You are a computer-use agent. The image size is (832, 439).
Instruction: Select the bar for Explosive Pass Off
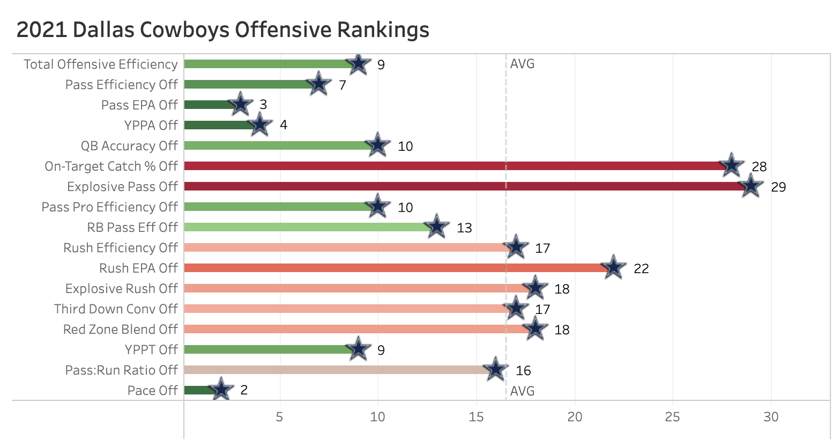(461, 187)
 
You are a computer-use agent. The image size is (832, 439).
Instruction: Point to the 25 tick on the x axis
(673, 417)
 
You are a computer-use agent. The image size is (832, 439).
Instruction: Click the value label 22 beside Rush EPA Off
(641, 268)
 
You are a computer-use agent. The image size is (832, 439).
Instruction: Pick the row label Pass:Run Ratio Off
(121, 370)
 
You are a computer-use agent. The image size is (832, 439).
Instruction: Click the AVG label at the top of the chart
(522, 64)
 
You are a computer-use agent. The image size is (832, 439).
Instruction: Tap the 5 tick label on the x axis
(279, 417)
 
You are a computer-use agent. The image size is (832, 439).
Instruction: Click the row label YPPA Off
(151, 125)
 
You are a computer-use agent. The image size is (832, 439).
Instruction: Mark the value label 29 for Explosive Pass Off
(778, 187)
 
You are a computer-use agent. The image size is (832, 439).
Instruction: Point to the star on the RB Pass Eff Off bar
(436, 226)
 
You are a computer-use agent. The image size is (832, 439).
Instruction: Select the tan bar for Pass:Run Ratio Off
(332, 370)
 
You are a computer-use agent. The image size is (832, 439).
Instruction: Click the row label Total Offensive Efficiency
(100, 64)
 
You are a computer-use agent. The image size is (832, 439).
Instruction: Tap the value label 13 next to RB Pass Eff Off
(464, 228)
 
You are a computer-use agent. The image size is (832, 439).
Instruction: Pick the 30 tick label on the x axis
(771, 417)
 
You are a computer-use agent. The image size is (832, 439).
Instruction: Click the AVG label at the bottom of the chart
(522, 391)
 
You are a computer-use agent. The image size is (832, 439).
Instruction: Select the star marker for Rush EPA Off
(613, 267)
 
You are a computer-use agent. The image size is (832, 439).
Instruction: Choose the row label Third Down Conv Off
(116, 309)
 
